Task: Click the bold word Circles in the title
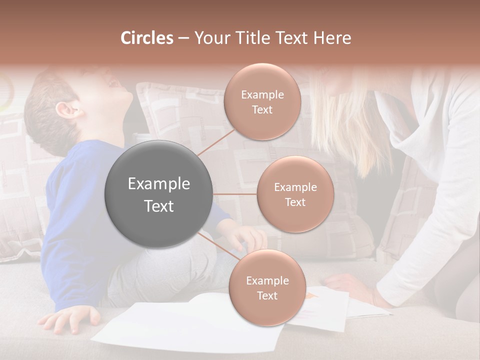pyautogui.click(x=147, y=38)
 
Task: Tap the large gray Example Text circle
pyautogui.click(x=159, y=194)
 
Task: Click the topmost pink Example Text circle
pyautogui.click(x=262, y=102)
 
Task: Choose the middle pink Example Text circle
pyautogui.click(x=295, y=194)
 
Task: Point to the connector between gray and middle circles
pyautogui.click(x=235, y=194)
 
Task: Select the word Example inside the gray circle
pyautogui.click(x=159, y=184)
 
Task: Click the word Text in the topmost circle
pyautogui.click(x=262, y=109)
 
